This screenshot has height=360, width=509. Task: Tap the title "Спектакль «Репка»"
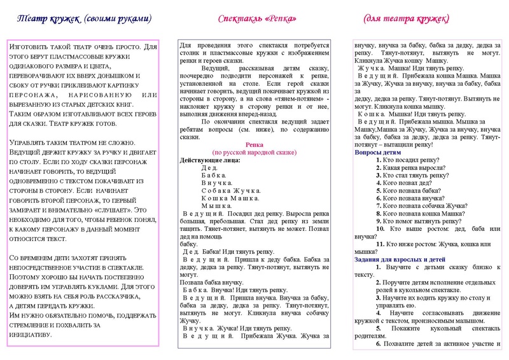pos(258,19)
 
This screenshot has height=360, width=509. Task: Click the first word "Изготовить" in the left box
pos(27,46)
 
